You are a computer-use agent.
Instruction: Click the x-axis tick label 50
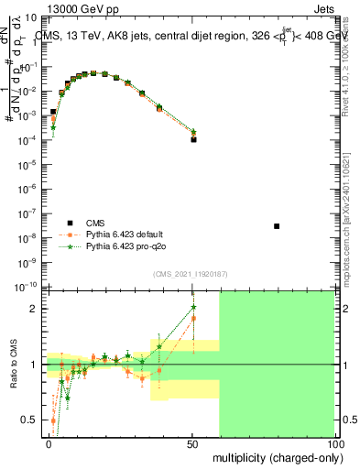(193, 442)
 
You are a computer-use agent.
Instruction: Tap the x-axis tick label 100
(334, 442)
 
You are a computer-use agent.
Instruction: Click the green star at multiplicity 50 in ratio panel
(193, 307)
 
